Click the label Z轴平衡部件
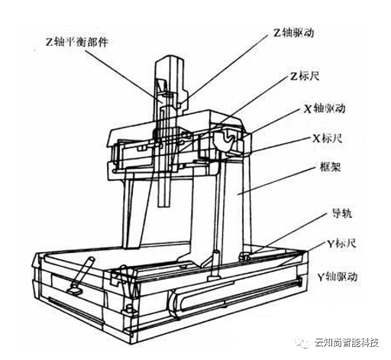click(77, 42)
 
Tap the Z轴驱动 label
click(294, 33)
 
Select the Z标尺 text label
click(305, 76)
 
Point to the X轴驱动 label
click(325, 109)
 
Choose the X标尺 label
click(328, 138)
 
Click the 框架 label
click(330, 167)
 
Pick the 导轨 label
click(342, 213)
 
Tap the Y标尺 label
click(341, 244)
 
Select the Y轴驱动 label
click(338, 277)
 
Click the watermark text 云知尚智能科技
click(347, 342)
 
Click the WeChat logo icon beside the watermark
click(302, 342)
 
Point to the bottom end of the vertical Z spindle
click(163, 206)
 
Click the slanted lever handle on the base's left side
click(82, 274)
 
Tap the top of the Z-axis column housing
click(170, 58)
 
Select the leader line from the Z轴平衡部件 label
click(124, 76)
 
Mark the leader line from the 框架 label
click(276, 181)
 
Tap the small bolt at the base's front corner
click(128, 310)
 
